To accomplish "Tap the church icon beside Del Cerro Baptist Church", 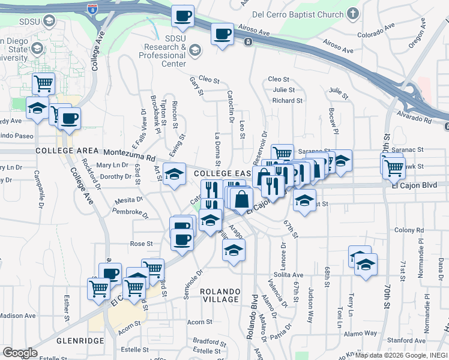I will (x=352, y=13).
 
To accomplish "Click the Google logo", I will (x=20, y=353).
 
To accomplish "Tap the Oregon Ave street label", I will (x=417, y=38).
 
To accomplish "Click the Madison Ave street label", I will (x=18, y=315).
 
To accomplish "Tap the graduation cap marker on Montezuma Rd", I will (x=175, y=174).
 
